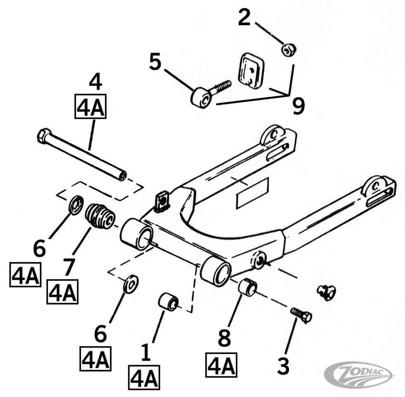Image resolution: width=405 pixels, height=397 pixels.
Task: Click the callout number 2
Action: (x=244, y=18)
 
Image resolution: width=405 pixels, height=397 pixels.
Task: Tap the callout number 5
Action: (x=155, y=62)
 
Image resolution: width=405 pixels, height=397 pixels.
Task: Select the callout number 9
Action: (x=298, y=106)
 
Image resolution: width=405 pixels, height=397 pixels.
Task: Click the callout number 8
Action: (x=224, y=339)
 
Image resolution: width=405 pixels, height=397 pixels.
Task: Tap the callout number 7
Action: (x=68, y=267)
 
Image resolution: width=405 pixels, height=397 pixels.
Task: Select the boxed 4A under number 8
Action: (x=221, y=365)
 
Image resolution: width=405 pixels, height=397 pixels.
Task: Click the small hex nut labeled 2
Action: (x=289, y=50)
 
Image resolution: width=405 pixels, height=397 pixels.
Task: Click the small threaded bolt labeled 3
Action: (x=301, y=315)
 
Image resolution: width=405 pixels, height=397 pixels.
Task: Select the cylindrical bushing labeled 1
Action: (x=168, y=301)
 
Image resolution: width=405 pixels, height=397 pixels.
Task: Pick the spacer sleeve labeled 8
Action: (x=247, y=287)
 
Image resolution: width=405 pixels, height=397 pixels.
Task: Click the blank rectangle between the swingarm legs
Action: (x=252, y=193)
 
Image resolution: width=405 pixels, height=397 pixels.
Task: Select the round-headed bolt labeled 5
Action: (x=202, y=97)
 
